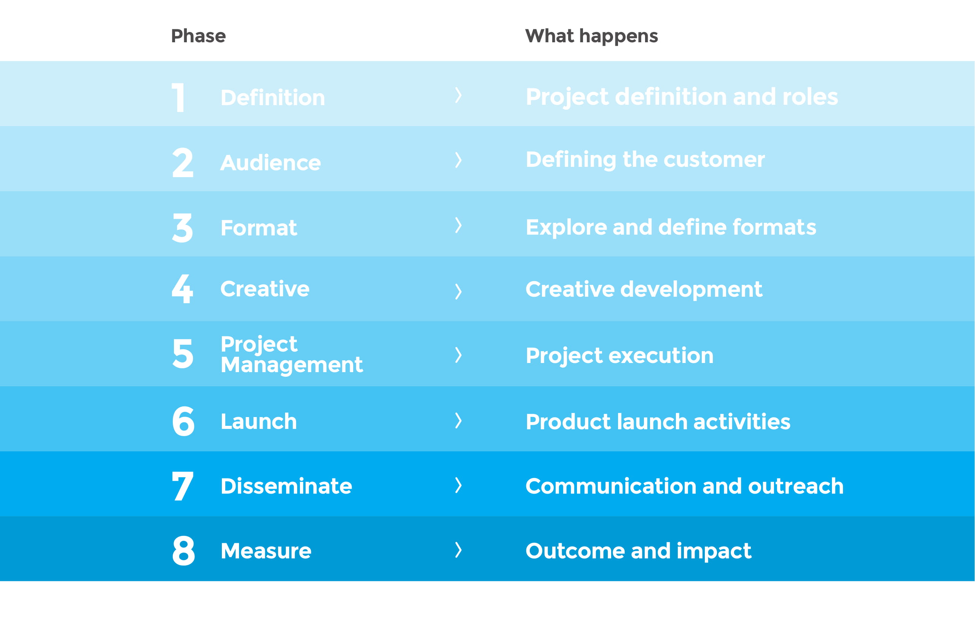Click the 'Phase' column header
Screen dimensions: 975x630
tap(198, 36)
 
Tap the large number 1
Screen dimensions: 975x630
tap(178, 98)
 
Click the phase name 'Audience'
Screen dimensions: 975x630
tap(271, 162)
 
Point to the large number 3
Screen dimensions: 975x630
tap(182, 228)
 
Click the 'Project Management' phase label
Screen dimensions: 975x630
tap(292, 354)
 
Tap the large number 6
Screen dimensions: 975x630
tap(183, 421)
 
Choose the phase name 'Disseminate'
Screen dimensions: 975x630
tap(286, 486)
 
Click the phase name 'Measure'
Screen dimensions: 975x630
tap(266, 551)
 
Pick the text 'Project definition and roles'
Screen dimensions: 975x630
tap(682, 98)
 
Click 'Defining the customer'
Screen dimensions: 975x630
tap(645, 160)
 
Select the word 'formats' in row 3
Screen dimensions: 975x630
tap(774, 227)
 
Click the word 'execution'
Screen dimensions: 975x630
tap(661, 355)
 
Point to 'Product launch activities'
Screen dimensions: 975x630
tap(658, 422)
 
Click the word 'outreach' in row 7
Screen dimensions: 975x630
tap(796, 486)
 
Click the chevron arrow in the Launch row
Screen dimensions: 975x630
tap(459, 421)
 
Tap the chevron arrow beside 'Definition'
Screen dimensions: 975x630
tap(459, 95)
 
